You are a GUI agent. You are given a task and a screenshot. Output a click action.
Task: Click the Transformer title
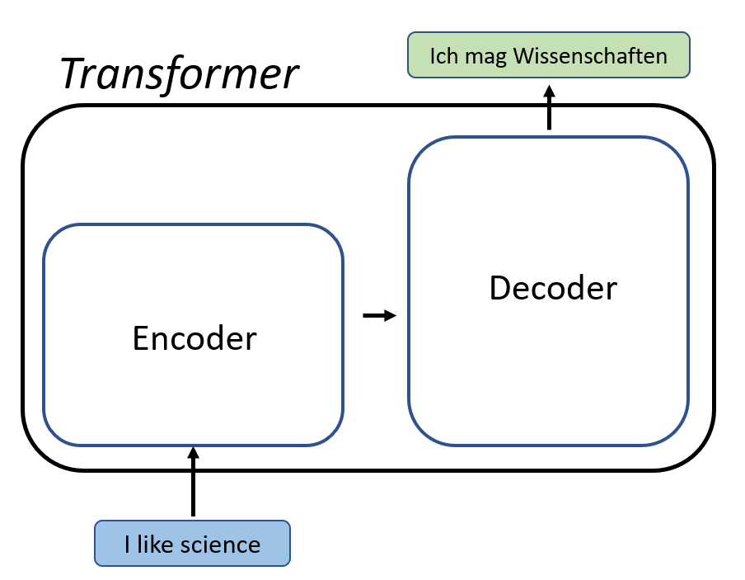[178, 74]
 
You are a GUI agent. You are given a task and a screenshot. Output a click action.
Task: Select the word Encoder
[194, 338]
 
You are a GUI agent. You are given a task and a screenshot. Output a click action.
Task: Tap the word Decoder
[553, 288]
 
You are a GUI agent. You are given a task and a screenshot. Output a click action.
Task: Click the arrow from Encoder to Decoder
[379, 315]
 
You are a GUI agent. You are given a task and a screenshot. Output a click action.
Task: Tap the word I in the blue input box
[128, 545]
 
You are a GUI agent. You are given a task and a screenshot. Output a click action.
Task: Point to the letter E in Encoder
[141, 338]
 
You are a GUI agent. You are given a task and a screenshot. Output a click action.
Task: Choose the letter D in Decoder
[499, 288]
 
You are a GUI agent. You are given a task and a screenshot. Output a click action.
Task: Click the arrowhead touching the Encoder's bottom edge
[194, 453]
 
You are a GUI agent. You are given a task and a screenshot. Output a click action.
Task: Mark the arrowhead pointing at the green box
[550, 90]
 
